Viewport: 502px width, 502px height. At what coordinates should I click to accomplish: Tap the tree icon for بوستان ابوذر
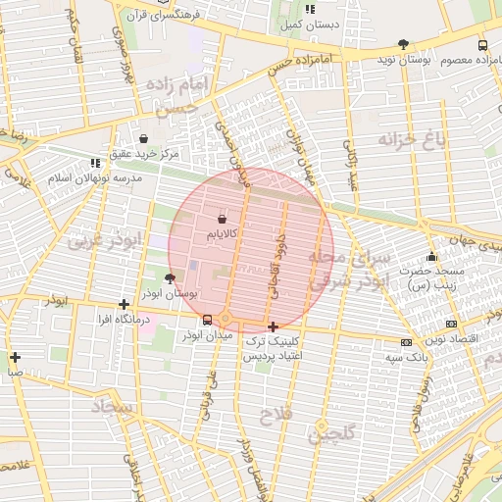tap(171, 277)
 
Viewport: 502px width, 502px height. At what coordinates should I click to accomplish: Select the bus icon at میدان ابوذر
tap(207, 320)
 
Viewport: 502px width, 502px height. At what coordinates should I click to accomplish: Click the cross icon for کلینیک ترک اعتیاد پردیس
tap(272, 326)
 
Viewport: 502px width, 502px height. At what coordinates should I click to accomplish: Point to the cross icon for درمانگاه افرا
tap(123, 304)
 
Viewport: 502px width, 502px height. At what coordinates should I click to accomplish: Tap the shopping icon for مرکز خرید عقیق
tap(145, 139)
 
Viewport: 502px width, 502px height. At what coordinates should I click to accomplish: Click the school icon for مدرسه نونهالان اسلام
tap(95, 163)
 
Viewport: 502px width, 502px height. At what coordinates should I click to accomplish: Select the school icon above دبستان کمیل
tap(310, 9)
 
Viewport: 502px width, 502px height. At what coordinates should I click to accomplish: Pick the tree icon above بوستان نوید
tap(403, 44)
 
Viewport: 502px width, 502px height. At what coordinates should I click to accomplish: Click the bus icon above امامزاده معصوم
tap(481, 45)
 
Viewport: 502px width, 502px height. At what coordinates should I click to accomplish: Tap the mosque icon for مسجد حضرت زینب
tap(431, 257)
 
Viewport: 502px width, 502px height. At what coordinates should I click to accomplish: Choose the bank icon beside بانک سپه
tap(406, 342)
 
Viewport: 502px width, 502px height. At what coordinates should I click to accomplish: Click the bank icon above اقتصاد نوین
tap(450, 324)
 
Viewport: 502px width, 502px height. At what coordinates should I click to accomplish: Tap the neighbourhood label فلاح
tap(276, 417)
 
